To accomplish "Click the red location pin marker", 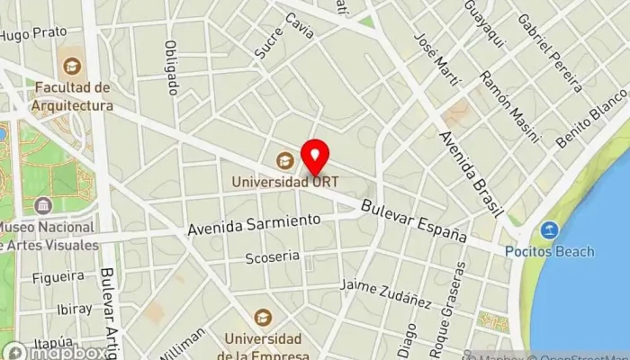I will (x=315, y=157).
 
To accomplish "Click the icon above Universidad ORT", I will (x=285, y=160).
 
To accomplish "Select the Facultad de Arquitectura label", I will (x=74, y=96).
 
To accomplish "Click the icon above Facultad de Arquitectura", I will (x=71, y=66).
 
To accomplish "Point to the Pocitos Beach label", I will (x=549, y=251).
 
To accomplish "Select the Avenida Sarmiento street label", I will (x=254, y=223).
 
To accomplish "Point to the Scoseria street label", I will (x=272, y=257).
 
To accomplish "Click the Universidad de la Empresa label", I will (x=263, y=346).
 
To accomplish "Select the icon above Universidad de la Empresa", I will (x=263, y=318).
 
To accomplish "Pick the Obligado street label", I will (x=172, y=68).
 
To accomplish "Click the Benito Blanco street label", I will (x=591, y=117).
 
